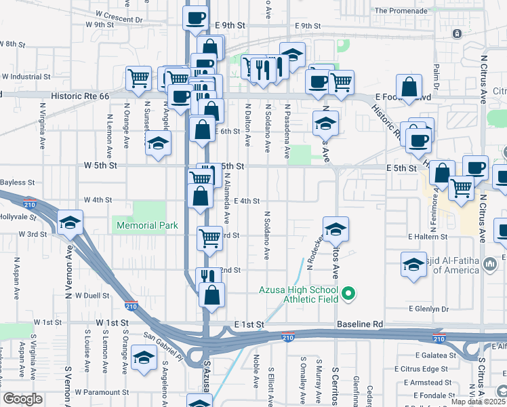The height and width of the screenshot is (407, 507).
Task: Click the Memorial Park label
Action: pos(147,225)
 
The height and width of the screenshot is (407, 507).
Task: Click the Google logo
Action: pos(22,399)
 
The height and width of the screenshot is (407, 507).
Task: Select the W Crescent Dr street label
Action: pos(119,14)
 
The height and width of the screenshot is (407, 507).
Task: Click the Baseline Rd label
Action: pos(360,325)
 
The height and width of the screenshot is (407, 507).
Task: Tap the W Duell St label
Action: pos(92,296)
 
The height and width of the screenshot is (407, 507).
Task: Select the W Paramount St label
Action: pos(102,392)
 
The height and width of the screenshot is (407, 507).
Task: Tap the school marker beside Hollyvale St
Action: pos(70,223)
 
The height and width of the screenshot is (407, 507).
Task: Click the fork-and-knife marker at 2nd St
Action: pos(209,278)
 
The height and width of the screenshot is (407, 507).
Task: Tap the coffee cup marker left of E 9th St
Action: pos(195,18)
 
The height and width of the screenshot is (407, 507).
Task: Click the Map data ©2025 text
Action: pos(478,402)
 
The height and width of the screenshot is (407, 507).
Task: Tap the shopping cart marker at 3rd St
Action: pos(210,238)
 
